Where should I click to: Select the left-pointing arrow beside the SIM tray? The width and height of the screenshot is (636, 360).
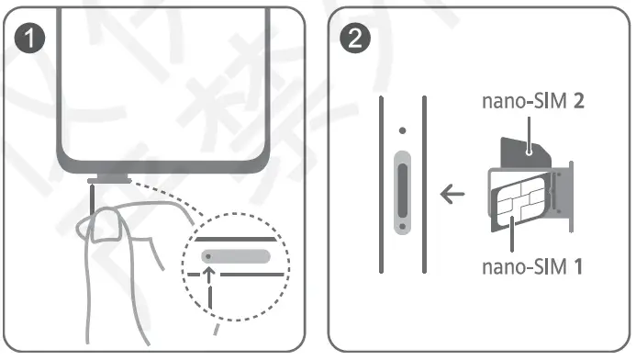click(451, 195)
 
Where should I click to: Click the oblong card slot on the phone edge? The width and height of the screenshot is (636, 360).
click(400, 190)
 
